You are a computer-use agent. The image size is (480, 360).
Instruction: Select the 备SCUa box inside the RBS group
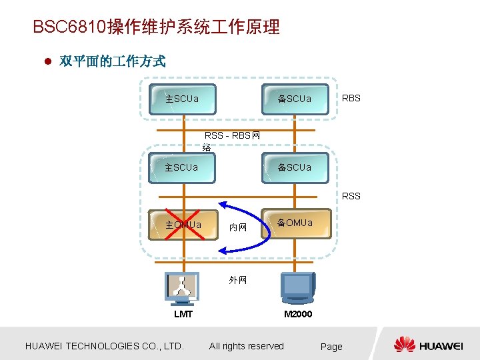295,99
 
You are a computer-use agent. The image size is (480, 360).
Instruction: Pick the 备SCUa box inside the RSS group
295,167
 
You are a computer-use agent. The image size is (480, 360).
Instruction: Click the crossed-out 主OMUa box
183,225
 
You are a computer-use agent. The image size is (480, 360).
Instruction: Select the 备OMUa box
296,224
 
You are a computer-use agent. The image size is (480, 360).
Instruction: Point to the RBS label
351,98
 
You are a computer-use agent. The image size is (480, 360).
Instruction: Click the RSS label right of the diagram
351,196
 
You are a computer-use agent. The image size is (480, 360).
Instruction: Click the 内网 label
238,227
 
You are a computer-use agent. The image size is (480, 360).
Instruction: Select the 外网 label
238,280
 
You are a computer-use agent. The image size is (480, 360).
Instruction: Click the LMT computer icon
182,288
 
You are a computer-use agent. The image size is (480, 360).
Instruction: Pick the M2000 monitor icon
297,288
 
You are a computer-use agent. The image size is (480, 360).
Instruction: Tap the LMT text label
183,314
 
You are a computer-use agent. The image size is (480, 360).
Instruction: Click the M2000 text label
297,314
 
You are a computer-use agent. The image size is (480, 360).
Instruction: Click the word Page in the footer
331,346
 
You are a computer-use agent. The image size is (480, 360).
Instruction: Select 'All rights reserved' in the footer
246,346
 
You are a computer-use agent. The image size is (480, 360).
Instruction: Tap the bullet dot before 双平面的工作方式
47,62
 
